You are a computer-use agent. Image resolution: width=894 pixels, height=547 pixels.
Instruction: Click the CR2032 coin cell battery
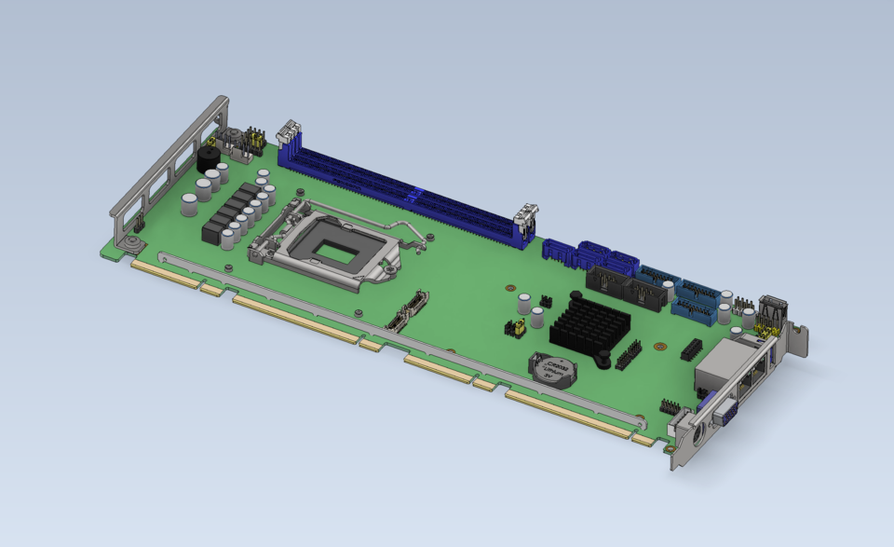[551, 370]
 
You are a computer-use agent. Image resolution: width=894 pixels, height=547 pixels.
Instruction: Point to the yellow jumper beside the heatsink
[513, 327]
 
